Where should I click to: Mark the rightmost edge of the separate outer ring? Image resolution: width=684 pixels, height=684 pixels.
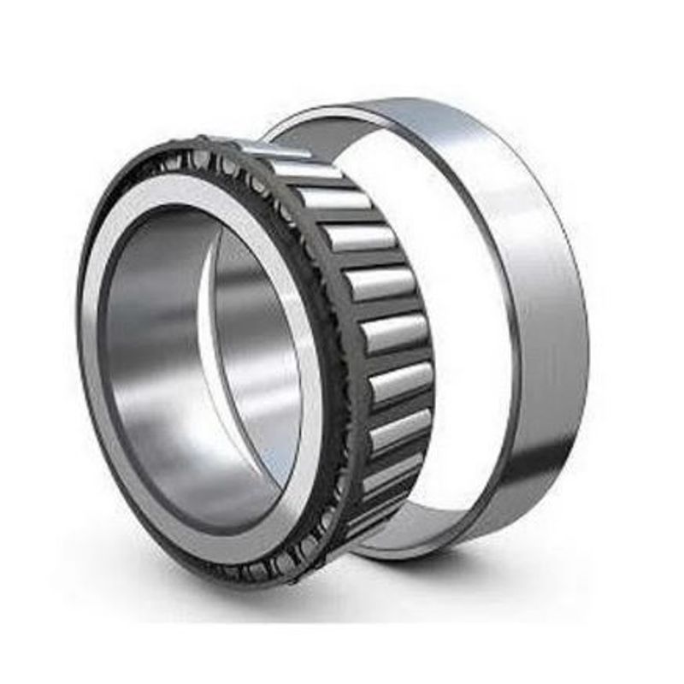pyautogui.click(x=587, y=342)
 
